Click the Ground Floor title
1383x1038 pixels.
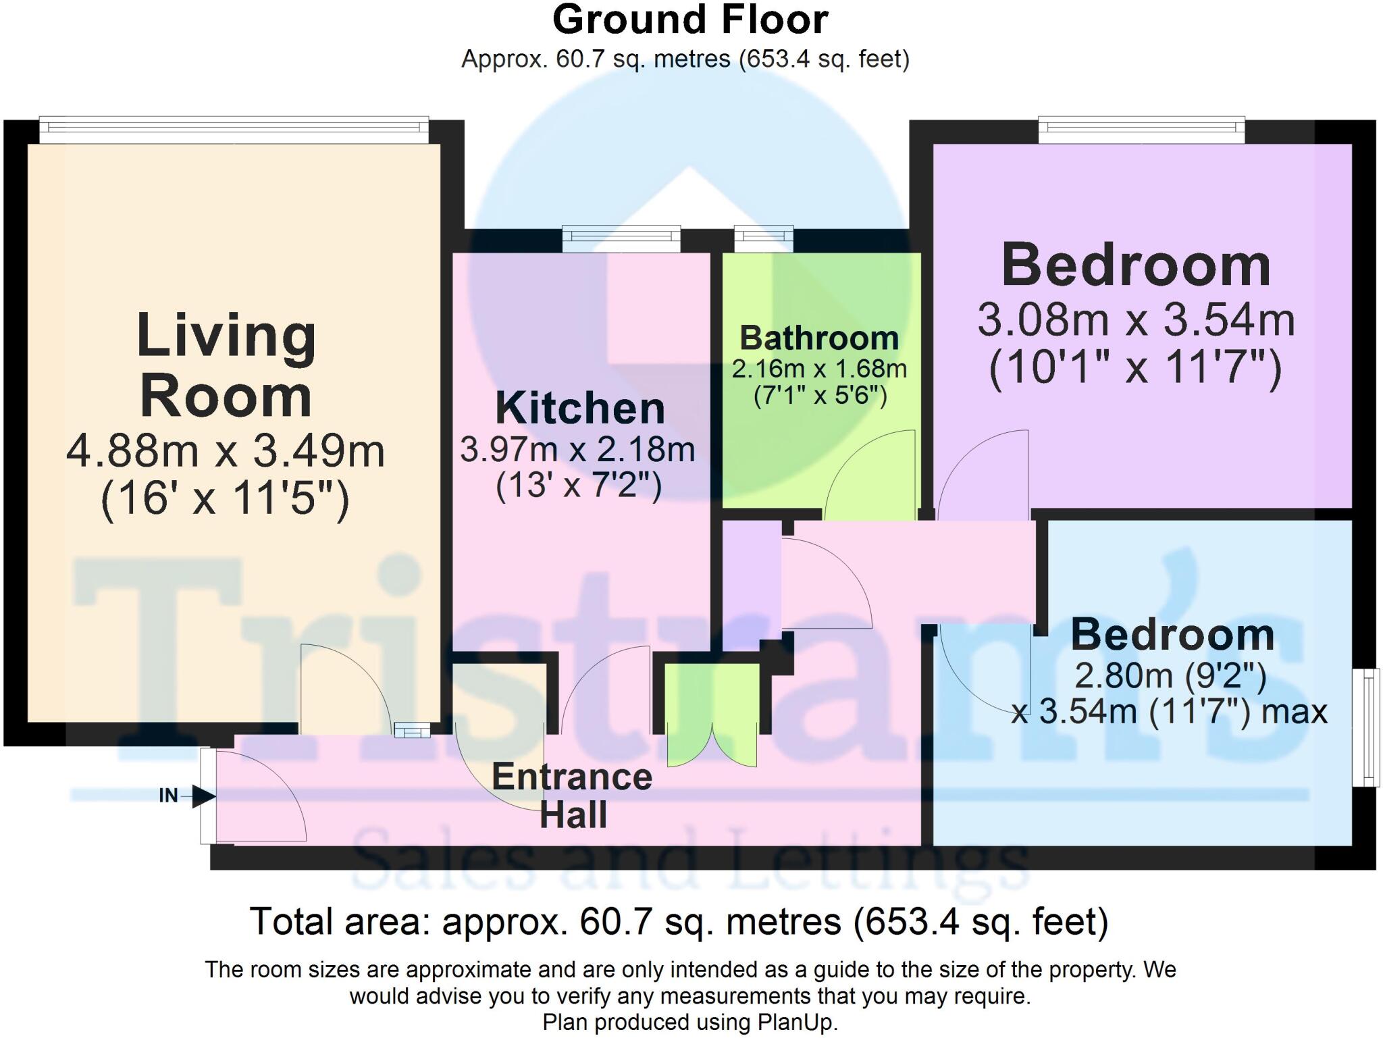[x=690, y=20]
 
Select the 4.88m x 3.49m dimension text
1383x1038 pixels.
[x=226, y=451]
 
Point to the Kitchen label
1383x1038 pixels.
[x=580, y=408]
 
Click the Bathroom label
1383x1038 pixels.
[x=819, y=338]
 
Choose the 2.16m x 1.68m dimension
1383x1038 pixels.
[x=819, y=369]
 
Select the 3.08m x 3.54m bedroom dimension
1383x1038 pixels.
[x=1136, y=320]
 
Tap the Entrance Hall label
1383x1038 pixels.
[x=572, y=796]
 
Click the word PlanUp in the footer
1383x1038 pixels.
[x=797, y=1022]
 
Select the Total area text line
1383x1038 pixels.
[x=679, y=922]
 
